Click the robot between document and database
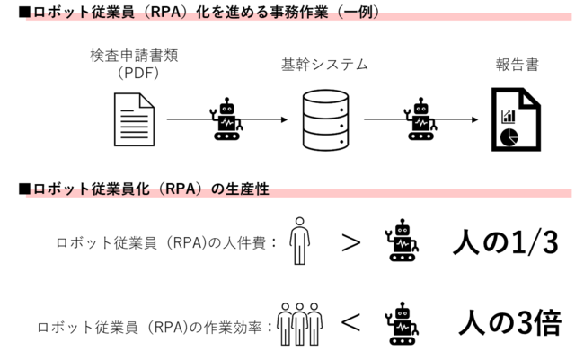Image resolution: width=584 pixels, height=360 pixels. click(x=226, y=119)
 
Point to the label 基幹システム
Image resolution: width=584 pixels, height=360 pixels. click(x=324, y=65)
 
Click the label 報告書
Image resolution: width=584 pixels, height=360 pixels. click(x=517, y=65)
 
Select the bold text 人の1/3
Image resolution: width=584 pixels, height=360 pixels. click(x=508, y=241)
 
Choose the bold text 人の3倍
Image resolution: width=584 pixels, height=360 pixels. click(x=509, y=321)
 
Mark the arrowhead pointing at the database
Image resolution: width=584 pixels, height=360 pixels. click(x=282, y=119)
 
